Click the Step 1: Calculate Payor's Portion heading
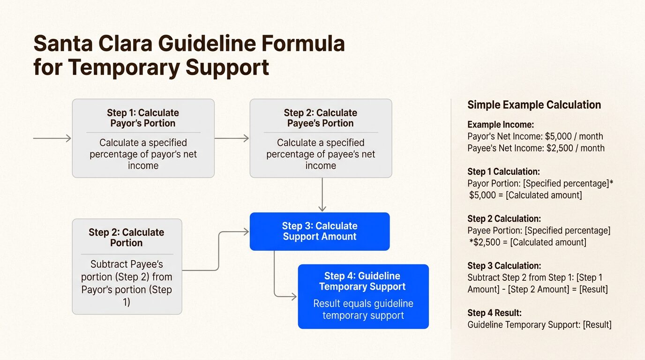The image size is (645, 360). (143, 118)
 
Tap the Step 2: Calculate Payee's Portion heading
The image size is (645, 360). (320, 118)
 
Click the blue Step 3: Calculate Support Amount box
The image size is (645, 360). (320, 231)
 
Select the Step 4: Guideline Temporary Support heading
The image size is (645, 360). (363, 281)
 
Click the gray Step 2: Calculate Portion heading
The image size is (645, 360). (126, 238)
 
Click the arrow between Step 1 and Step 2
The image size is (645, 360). (232, 138)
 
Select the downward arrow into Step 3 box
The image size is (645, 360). (322, 195)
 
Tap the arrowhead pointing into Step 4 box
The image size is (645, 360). (293, 297)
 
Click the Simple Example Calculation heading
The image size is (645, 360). (534, 105)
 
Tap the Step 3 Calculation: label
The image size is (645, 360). (504, 266)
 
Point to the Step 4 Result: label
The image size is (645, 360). (494, 313)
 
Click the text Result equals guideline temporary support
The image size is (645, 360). (363, 309)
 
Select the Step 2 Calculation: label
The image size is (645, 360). (504, 219)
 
